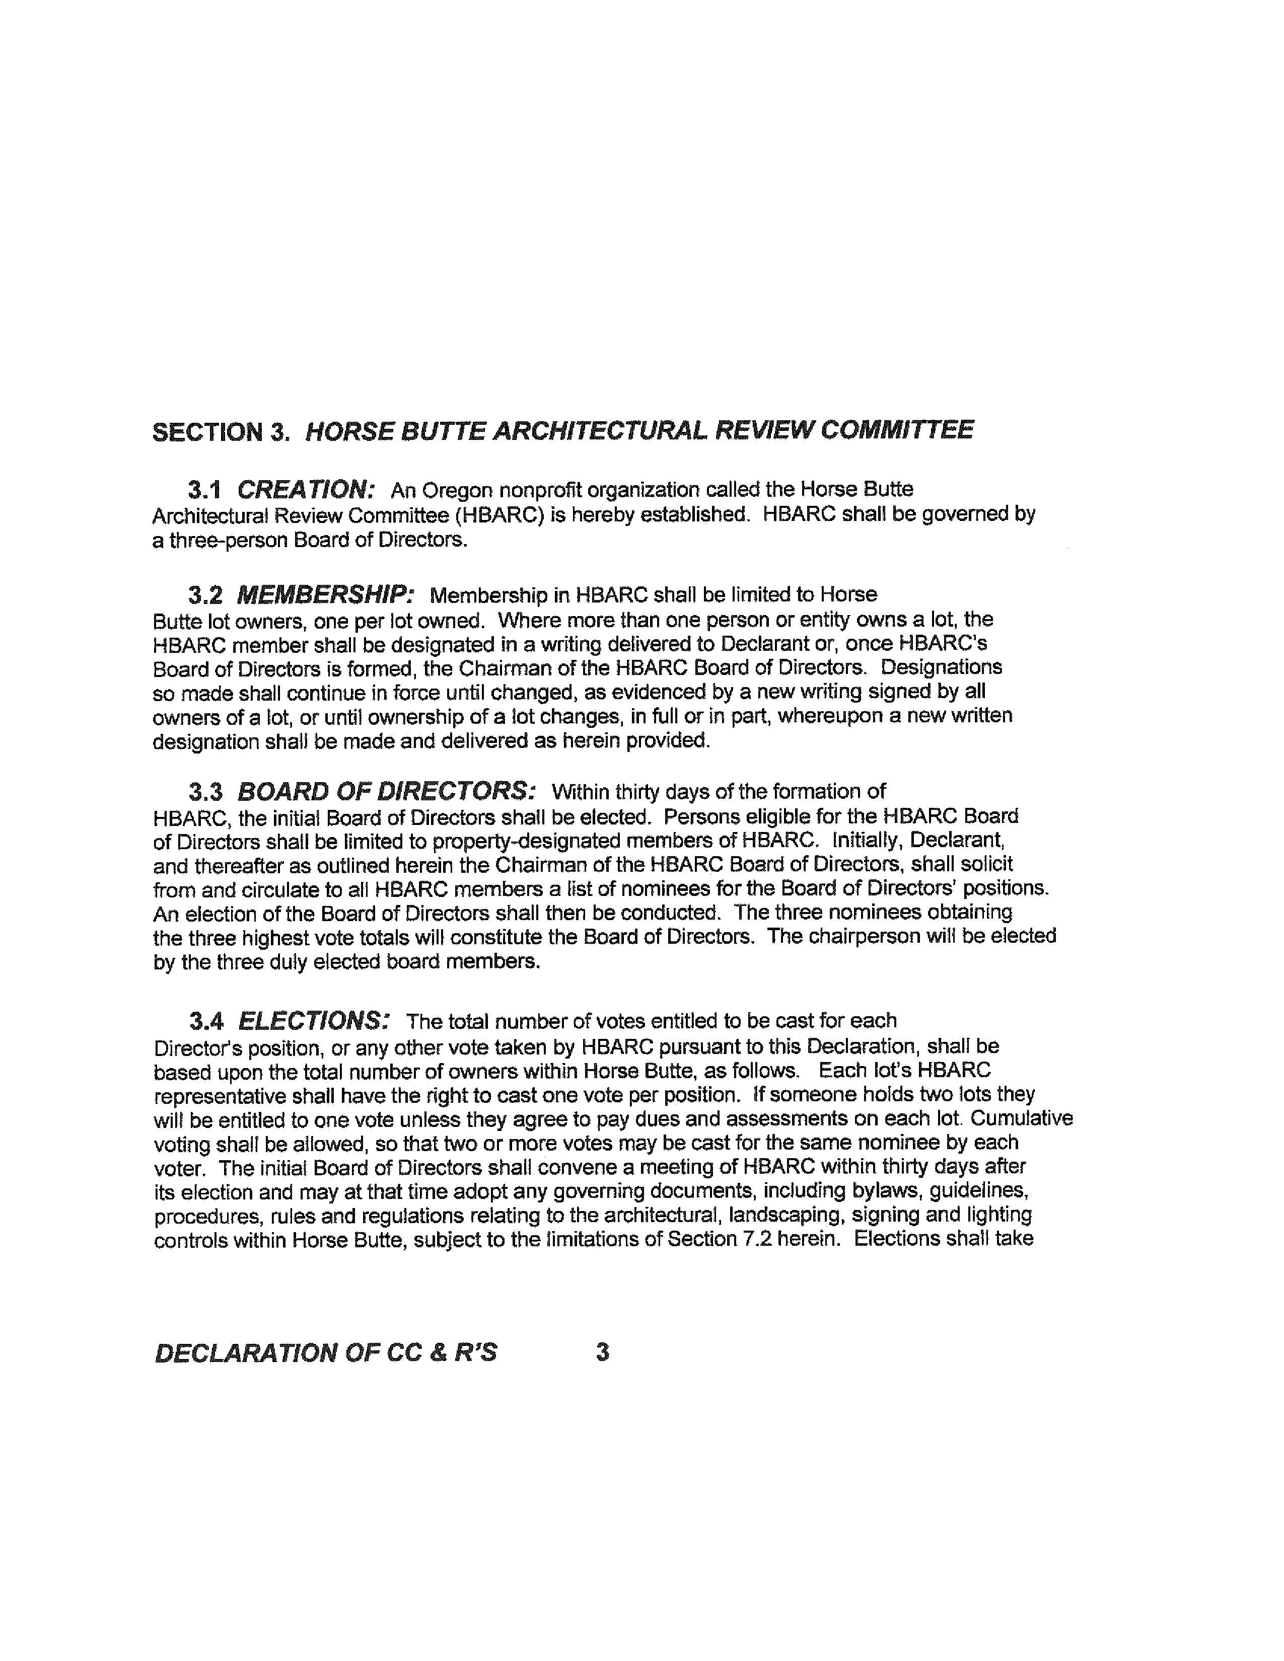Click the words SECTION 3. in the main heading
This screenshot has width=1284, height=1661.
click(x=221, y=431)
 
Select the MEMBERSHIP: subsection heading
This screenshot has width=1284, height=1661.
click(x=326, y=594)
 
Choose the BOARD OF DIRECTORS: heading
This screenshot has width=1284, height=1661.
click(x=386, y=792)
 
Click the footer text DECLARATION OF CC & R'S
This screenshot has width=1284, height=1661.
click(x=326, y=1352)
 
